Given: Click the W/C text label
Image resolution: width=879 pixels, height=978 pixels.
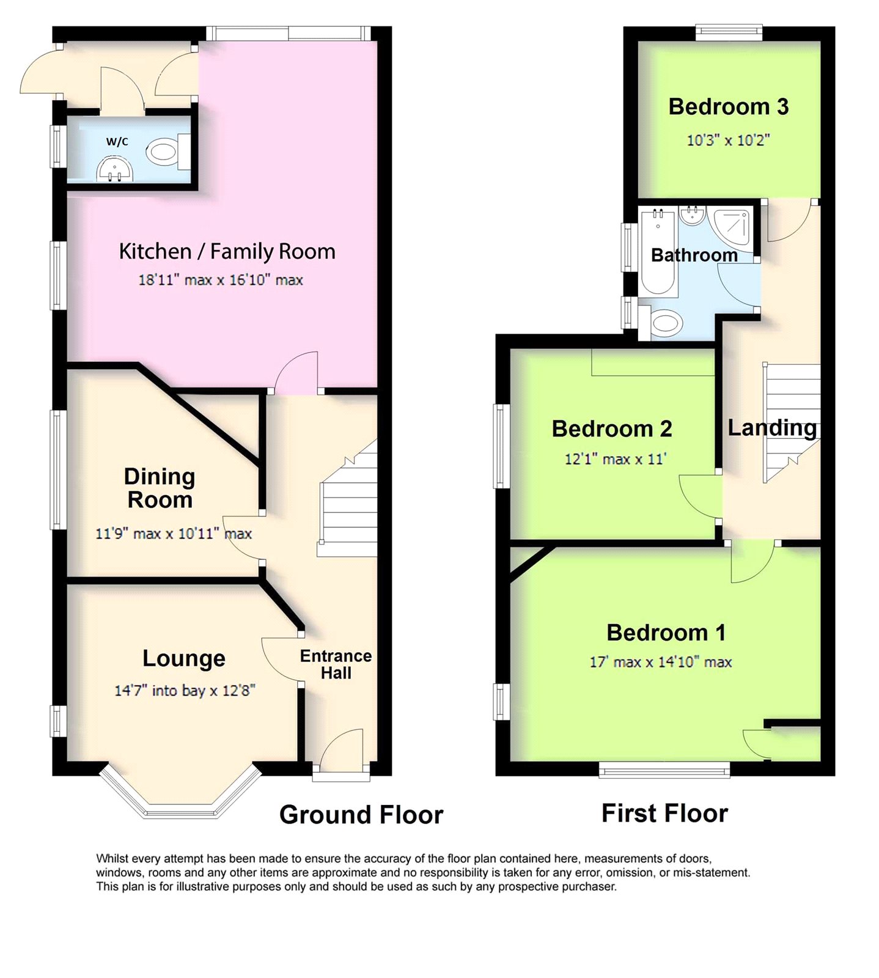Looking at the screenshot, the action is pos(117,142).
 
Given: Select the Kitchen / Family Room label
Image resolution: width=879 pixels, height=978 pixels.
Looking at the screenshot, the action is pos(227,251).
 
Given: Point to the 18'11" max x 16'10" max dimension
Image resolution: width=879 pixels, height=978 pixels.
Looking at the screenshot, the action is pos(221,280).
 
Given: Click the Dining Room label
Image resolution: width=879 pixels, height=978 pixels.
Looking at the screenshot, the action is pos(160,488).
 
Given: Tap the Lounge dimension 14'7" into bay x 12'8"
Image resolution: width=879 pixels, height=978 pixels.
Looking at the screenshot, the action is pos(185,690).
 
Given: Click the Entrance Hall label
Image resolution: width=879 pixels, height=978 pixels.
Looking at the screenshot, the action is pos(336,664).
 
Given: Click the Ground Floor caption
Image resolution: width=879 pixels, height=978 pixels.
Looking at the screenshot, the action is pos(361,815).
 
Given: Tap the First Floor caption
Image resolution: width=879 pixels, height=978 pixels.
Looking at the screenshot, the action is pos(664,814).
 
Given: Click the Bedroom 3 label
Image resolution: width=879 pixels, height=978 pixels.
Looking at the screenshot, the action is pos(729,106).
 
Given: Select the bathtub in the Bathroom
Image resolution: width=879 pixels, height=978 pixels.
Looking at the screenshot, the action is pos(658,252).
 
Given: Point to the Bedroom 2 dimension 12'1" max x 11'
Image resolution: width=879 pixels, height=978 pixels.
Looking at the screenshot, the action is pos(615,458).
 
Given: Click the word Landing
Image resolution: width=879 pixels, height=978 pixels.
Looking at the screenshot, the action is pos(772,428).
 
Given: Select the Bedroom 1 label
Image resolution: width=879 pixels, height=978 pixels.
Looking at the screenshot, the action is pos(666,632).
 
